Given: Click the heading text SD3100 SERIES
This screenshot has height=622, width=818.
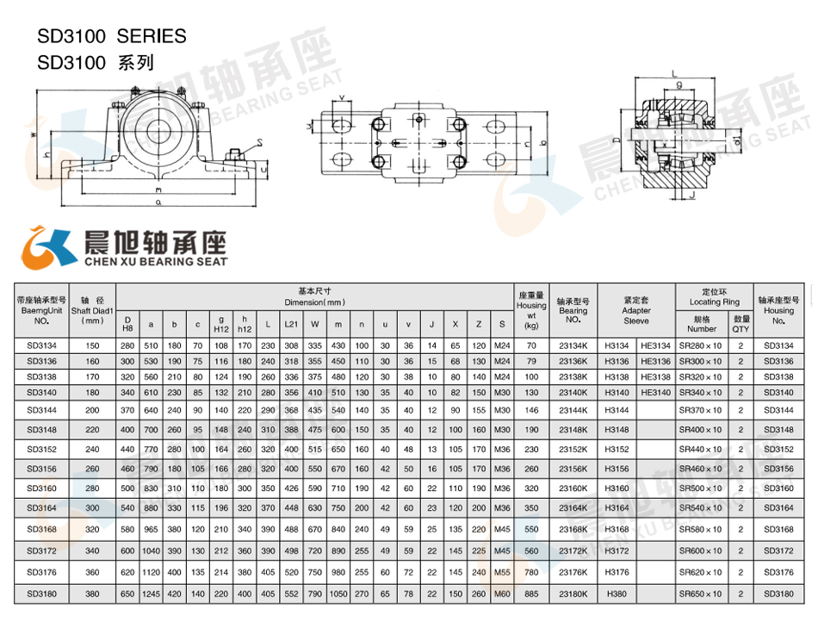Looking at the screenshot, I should click(111, 36).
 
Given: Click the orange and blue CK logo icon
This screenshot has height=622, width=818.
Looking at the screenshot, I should click(48, 247).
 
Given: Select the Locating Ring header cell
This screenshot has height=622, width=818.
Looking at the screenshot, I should click(714, 297).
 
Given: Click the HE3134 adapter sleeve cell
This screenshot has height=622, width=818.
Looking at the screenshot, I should click(655, 345).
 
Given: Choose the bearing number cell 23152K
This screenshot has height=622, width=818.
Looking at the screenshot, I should click(573, 449).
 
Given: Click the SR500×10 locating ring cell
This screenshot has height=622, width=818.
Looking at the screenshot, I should click(700, 488).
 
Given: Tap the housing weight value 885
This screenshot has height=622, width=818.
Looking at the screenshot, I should click(531, 594).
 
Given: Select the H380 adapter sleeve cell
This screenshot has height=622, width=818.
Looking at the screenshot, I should click(617, 594).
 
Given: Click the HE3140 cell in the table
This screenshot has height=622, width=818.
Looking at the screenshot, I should click(655, 392).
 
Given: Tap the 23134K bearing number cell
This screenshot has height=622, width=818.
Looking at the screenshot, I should click(573, 345).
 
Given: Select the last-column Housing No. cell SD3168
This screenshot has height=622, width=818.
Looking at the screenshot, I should click(778, 529).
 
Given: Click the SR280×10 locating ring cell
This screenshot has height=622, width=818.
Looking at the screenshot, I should click(700, 345).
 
